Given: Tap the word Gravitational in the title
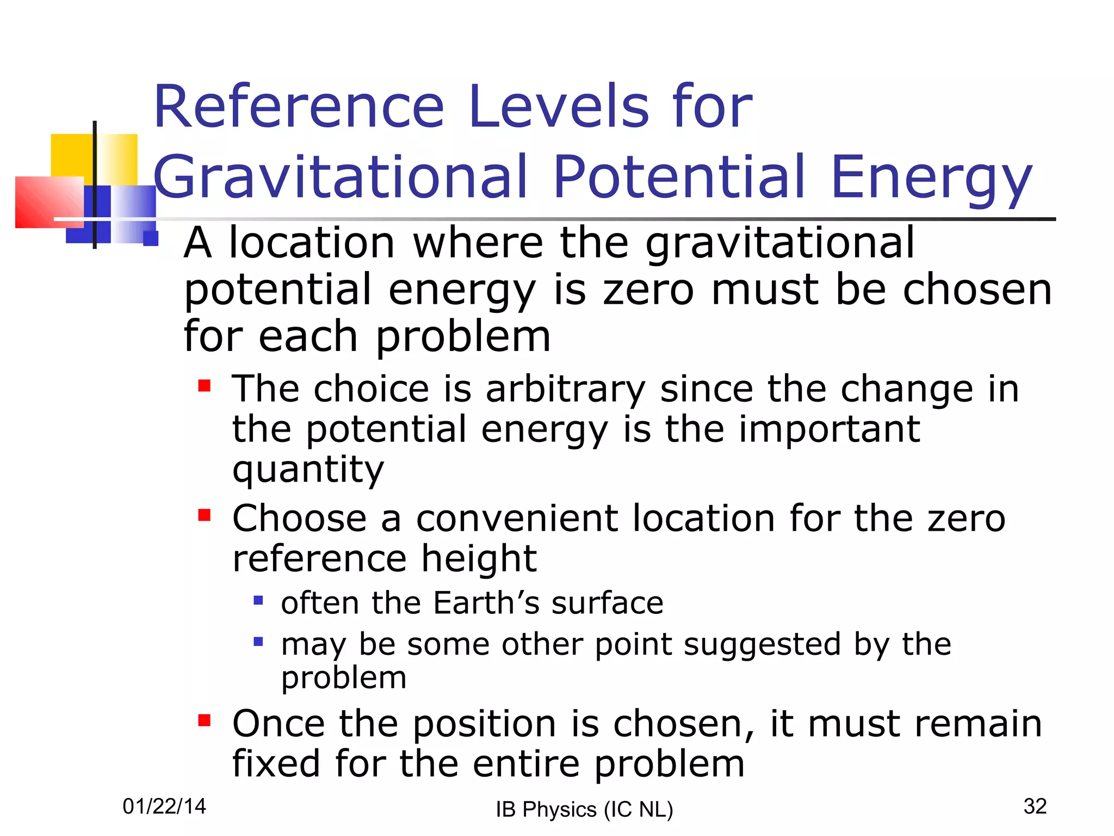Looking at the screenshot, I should (341, 177).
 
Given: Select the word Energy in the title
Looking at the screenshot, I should (931, 177).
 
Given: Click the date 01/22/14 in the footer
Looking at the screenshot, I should (164, 806).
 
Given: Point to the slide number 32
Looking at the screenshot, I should (1035, 806).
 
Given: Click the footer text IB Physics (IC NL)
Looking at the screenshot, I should (584, 809).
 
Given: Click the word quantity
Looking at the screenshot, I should (308, 469).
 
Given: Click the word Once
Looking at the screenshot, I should (279, 724).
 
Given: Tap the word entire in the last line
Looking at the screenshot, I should (526, 764).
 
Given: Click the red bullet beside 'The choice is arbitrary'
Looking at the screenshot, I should (205, 386).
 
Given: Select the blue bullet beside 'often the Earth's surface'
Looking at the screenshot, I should (258, 600).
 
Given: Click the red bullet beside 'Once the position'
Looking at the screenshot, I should (205, 721).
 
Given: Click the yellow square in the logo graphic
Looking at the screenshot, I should (71, 155).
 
